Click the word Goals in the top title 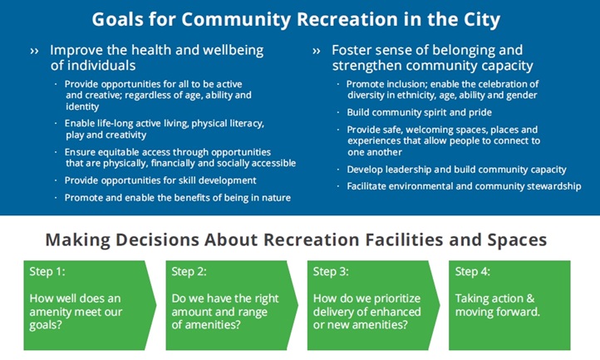coord(117,19)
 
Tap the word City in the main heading coord(482,20)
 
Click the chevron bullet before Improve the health coord(34,51)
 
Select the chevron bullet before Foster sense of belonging coord(316,51)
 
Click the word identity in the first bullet coord(82,106)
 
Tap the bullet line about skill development coord(160,180)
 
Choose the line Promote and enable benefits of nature coord(178,198)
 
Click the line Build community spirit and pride coord(419,112)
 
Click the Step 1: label coord(47,272)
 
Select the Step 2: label coord(189,272)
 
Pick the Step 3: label coord(331,272)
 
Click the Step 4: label coord(473,272)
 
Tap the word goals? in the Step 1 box coord(46,326)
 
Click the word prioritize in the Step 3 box coord(397,298)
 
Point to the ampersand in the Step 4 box coord(530,298)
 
